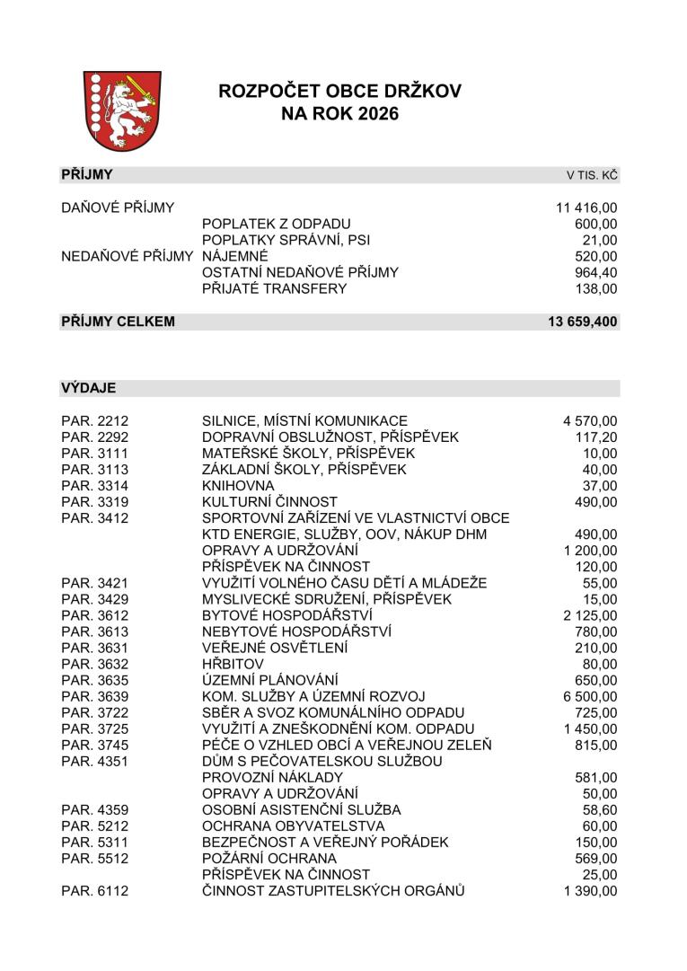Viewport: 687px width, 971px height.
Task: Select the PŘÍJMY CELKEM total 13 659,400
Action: (x=582, y=322)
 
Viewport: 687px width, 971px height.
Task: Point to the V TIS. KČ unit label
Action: (x=591, y=175)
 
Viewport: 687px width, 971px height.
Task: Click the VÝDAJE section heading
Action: (x=88, y=388)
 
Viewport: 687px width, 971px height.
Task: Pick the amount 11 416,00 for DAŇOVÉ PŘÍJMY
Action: (x=586, y=208)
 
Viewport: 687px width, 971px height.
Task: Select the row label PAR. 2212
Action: (x=95, y=420)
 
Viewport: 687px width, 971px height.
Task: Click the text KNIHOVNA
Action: (x=238, y=485)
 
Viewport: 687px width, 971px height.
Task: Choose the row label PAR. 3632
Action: (x=95, y=664)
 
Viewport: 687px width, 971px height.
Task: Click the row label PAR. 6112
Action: (x=95, y=890)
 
